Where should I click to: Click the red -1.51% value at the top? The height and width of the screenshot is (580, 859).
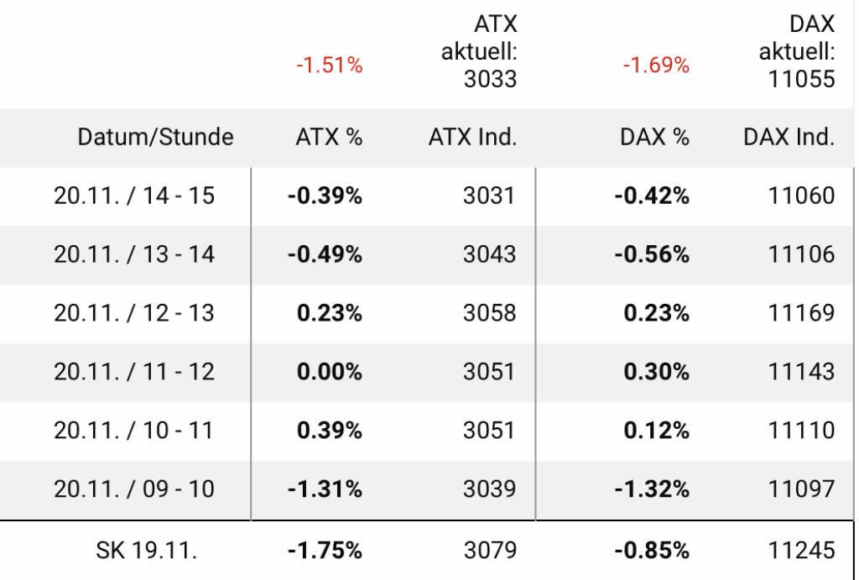tap(329, 65)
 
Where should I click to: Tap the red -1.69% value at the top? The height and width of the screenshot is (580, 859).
tap(656, 65)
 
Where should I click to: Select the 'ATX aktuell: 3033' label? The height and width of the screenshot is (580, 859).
tap(479, 52)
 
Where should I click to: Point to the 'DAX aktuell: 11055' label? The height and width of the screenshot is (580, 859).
tap(797, 52)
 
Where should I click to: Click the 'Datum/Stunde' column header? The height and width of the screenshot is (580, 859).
tap(156, 137)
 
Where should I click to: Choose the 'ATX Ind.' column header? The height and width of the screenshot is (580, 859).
tap(472, 137)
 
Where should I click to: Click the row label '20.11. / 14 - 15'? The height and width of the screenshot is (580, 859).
tap(134, 196)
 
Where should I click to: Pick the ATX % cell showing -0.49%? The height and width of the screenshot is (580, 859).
tap(325, 254)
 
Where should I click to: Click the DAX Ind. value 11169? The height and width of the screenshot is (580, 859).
tap(802, 313)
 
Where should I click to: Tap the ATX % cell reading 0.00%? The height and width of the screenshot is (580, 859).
tap(330, 371)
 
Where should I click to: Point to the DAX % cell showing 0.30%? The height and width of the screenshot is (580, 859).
tap(656, 371)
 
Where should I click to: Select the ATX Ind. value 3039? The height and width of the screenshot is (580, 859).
tap(490, 489)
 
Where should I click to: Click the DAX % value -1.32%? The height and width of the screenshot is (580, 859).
tap(652, 489)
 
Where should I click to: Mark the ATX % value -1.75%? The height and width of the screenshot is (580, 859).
tap(325, 551)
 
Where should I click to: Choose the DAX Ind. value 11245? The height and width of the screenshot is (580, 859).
tap(802, 551)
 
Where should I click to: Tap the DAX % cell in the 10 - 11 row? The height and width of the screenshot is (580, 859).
tap(656, 430)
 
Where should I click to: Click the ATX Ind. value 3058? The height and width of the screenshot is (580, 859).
tap(490, 313)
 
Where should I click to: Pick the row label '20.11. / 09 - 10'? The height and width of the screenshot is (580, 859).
tap(134, 489)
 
